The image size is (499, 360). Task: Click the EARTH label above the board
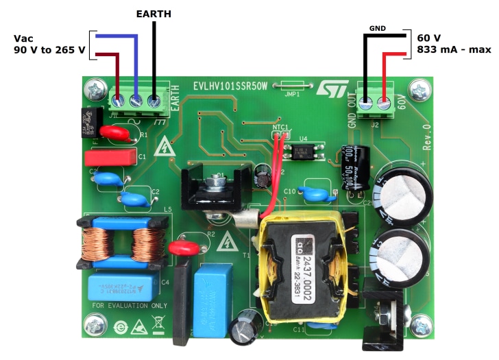click(x=153, y=13)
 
